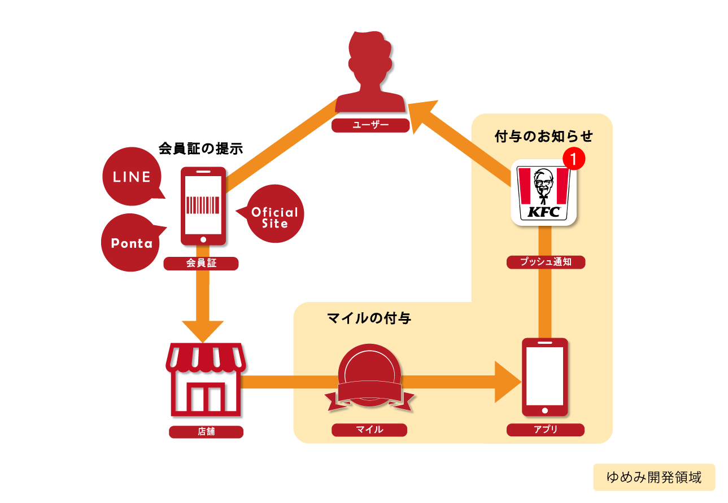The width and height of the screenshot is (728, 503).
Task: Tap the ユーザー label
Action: pos(370,125)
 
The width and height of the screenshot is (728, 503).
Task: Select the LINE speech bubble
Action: pos(131,177)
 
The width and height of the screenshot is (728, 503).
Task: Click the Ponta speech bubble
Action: pos(131,243)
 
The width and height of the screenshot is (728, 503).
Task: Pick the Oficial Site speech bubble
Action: pos(274,216)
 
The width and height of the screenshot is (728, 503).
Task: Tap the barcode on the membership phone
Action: pos(203,204)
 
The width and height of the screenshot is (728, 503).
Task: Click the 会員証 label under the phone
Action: pos(201,263)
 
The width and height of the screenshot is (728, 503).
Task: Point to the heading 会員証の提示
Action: pos(200,149)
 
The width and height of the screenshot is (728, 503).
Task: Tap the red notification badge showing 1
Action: pos(573,159)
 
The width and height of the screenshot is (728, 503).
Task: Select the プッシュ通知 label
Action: pos(546,262)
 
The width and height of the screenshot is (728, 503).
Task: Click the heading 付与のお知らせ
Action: pos(543,136)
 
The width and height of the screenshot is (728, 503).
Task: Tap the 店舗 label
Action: pos(206,432)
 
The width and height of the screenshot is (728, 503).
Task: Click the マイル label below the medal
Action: pos(369,430)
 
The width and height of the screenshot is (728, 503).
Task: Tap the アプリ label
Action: pos(545,430)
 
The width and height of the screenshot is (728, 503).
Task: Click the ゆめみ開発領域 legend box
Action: pos(653,477)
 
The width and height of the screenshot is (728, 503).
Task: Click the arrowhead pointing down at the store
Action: pos(202,330)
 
